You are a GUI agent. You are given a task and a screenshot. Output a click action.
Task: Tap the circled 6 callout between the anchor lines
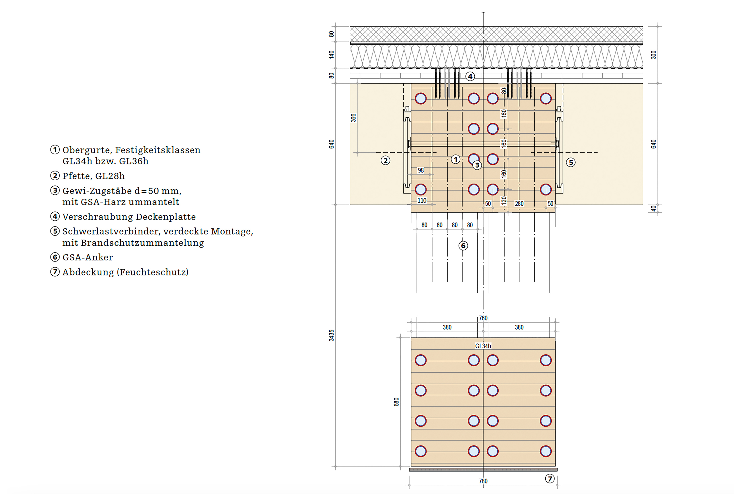(x=463, y=246)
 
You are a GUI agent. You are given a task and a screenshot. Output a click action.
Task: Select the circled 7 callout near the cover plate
(x=550, y=479)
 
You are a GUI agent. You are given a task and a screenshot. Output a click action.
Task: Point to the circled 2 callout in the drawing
(x=385, y=160)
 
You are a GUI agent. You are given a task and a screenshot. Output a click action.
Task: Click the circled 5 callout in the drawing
(x=571, y=162)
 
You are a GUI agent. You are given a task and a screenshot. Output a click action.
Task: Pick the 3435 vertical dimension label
(x=331, y=335)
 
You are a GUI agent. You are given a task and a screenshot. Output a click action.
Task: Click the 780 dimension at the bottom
(x=483, y=481)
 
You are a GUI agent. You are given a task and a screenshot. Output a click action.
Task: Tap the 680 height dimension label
(x=396, y=402)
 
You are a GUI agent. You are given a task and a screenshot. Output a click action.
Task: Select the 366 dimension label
(x=353, y=118)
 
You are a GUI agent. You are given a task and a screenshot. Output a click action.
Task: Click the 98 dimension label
(x=421, y=170)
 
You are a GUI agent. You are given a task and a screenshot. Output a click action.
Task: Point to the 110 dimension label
(x=422, y=200)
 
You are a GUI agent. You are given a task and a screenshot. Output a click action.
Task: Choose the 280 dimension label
(x=519, y=204)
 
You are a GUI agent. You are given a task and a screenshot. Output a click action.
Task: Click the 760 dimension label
(x=483, y=318)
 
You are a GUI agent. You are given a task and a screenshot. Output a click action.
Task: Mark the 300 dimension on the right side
(x=654, y=55)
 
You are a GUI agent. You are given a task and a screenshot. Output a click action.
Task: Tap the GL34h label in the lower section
(x=483, y=346)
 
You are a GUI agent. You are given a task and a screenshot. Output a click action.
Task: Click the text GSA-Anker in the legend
(x=87, y=257)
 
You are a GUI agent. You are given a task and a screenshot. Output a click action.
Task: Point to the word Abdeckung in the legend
(x=88, y=272)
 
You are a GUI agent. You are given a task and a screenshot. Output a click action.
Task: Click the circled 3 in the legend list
(x=55, y=190)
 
